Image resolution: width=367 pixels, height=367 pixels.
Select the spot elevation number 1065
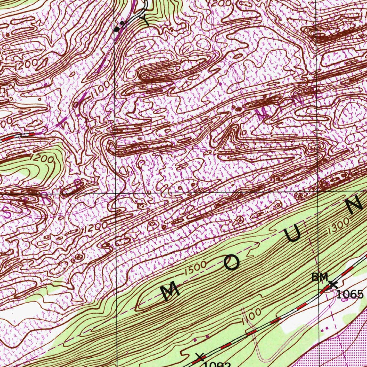(x=350, y=295)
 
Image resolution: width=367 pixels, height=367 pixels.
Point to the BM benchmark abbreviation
(x=319, y=277)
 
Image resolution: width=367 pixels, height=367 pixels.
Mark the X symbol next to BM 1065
(x=333, y=285)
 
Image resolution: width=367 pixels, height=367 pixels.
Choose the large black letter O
(x=231, y=263)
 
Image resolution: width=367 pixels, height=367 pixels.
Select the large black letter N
(x=354, y=205)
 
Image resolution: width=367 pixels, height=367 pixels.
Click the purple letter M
(x=263, y=115)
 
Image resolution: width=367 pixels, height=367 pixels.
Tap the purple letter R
(x=44, y=199)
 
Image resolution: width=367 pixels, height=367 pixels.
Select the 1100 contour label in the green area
(x=251, y=315)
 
